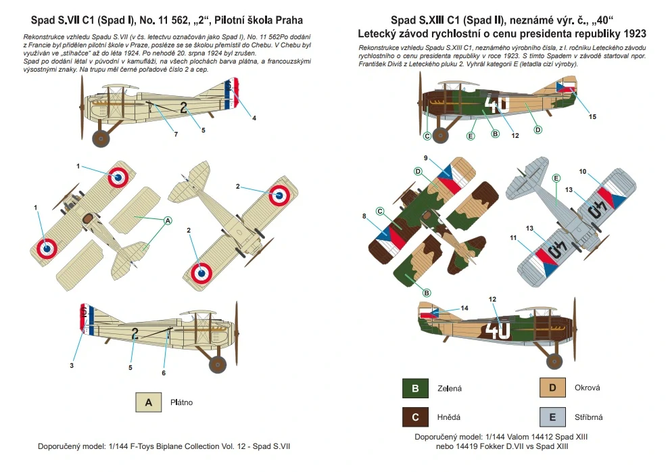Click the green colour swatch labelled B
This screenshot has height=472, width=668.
415,388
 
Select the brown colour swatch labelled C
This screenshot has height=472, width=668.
415,417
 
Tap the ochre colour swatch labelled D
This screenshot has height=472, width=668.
552,387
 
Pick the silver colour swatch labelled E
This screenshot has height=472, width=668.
552,417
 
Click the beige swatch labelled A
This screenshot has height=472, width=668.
149,402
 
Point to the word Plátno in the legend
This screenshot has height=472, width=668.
181,402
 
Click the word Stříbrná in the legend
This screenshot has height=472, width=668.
588,417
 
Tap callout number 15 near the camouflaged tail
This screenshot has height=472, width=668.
592,117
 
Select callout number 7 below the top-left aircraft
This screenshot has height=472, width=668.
176,134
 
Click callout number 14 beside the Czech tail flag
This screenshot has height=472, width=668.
464,308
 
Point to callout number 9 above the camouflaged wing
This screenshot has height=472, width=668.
425,158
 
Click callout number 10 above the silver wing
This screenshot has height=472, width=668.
582,171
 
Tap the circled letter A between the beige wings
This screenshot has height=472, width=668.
168,220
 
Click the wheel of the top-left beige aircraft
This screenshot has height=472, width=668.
101,137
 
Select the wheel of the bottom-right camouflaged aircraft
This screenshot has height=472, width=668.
554,361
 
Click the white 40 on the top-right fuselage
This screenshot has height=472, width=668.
497,104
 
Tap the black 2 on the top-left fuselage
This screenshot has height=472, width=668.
184,108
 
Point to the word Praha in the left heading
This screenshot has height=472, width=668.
289,20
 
